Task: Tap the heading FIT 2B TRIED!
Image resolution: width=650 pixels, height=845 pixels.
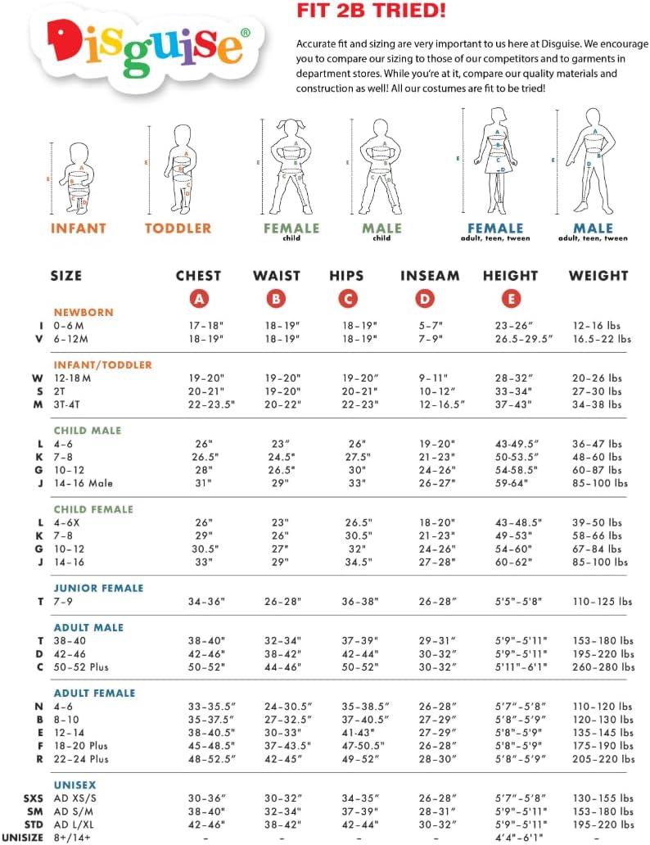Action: coord(359,11)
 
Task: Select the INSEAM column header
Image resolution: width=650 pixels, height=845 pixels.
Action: coord(429,276)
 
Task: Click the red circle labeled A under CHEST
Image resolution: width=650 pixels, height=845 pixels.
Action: coord(198,299)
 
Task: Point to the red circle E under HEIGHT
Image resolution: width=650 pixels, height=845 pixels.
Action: coord(511,299)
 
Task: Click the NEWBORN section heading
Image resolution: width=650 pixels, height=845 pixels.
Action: coord(84,312)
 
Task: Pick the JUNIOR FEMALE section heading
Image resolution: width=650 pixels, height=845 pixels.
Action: coord(98,588)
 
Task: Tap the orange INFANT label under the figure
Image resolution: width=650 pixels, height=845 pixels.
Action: coord(79,228)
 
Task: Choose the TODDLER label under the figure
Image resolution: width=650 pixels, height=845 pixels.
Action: coord(178,228)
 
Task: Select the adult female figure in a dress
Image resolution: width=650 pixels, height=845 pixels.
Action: coord(496,160)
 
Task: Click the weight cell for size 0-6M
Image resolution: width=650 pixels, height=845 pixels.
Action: coord(602,325)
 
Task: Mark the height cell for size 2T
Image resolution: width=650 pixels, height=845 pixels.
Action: coord(513,391)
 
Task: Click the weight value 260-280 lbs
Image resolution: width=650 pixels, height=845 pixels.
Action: coord(602,667)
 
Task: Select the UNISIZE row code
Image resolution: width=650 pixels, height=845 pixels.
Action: coord(23,837)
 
